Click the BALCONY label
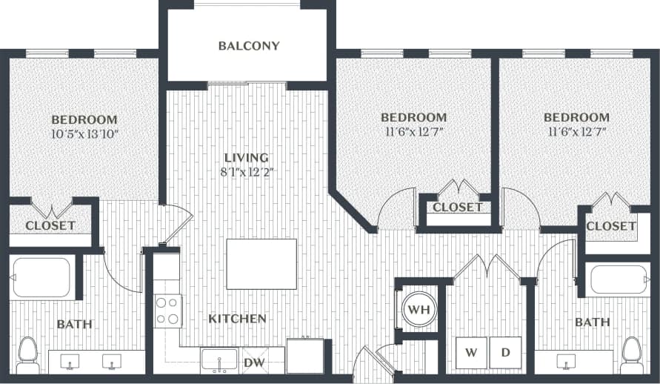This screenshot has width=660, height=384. (249, 46)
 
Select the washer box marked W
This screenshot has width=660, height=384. (471, 352)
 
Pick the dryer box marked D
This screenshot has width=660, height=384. (505, 352)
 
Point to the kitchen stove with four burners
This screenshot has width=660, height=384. (167, 311)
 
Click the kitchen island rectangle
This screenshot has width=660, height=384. (261, 264)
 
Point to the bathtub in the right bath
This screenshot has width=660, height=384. (619, 279)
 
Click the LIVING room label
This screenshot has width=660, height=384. (247, 158)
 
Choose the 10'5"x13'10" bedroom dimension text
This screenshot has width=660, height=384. (84, 134)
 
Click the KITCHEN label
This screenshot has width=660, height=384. (237, 319)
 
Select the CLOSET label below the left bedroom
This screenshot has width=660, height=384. (50, 225)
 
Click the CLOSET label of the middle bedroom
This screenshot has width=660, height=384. (457, 208)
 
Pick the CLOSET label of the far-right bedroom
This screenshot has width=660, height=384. (610, 225)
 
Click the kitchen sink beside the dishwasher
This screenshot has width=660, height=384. (219, 361)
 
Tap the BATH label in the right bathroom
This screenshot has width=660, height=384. (593, 322)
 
